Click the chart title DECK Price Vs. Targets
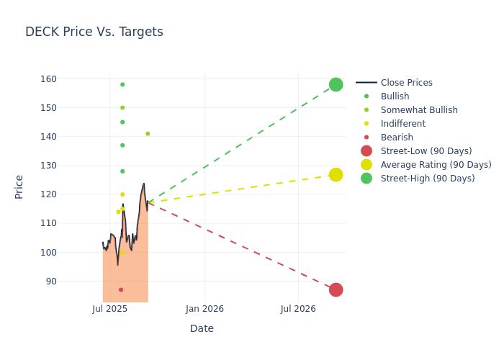94,32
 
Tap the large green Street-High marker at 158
336,85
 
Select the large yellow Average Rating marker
336,175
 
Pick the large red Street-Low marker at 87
336,289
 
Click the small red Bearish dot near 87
121,289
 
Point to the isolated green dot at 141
148,134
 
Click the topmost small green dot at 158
122,85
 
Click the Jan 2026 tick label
204,309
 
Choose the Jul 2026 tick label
298,309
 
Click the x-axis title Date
202,329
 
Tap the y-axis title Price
19,186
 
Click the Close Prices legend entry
406,83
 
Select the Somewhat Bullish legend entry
419,110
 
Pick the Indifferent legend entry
402,124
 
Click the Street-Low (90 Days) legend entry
426,151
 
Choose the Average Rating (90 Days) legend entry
436,165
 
